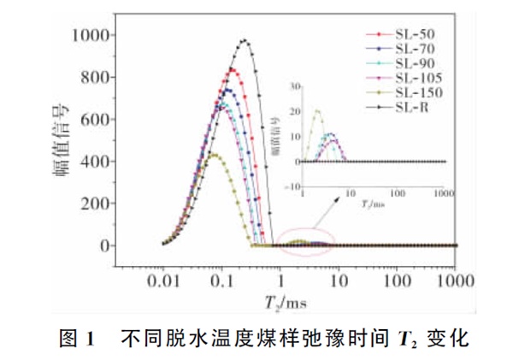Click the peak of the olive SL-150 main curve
(215, 155)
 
